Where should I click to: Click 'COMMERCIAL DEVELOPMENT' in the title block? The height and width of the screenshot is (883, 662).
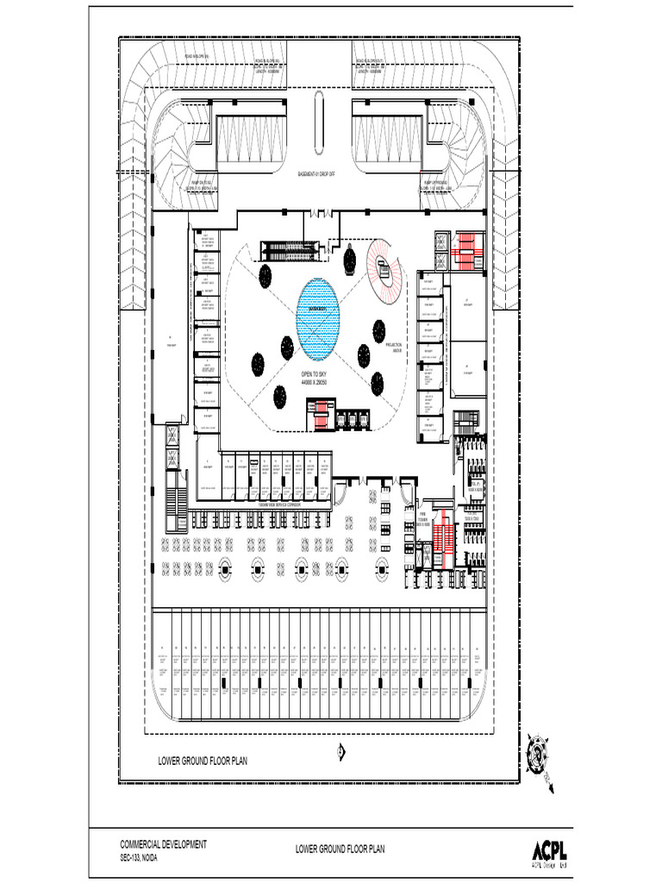click(x=163, y=844)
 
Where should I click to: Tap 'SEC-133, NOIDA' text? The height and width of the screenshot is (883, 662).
click(x=138, y=859)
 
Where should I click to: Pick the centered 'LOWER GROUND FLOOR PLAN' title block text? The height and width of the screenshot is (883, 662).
click(x=340, y=849)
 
